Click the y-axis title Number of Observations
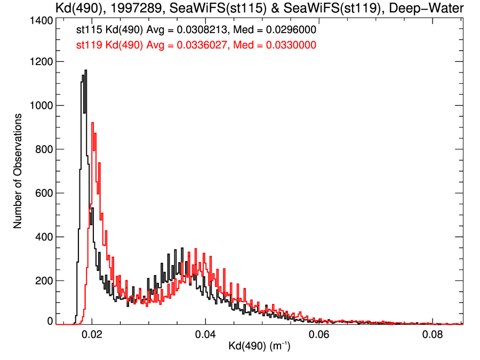coord(18,171)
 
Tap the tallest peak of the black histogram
coord(85,70)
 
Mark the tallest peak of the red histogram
coord(92,123)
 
